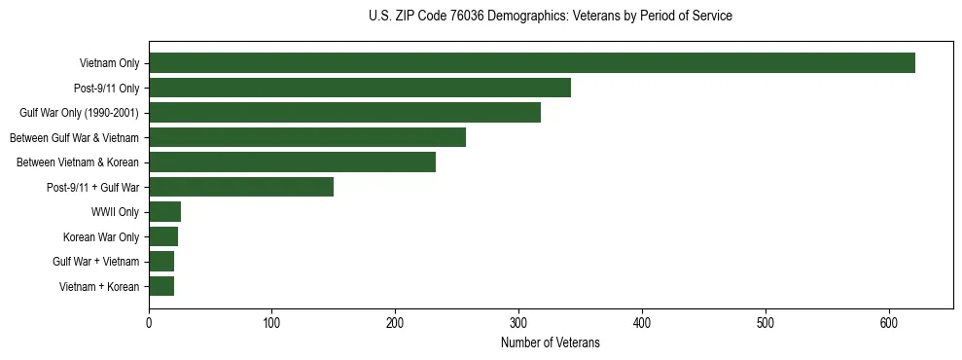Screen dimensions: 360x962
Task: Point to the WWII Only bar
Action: [x=164, y=212]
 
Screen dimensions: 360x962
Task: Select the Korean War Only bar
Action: [x=163, y=236]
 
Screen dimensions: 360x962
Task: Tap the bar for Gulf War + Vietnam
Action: [x=161, y=262]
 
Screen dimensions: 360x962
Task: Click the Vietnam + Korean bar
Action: [x=161, y=286]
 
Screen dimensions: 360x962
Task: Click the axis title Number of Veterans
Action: [x=551, y=343]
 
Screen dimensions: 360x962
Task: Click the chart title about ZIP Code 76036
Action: [x=551, y=17]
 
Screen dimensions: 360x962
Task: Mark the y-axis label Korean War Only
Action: [x=101, y=236]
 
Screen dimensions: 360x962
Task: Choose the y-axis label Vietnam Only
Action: [x=109, y=63]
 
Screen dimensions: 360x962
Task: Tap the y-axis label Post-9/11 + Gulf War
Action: [x=93, y=187]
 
